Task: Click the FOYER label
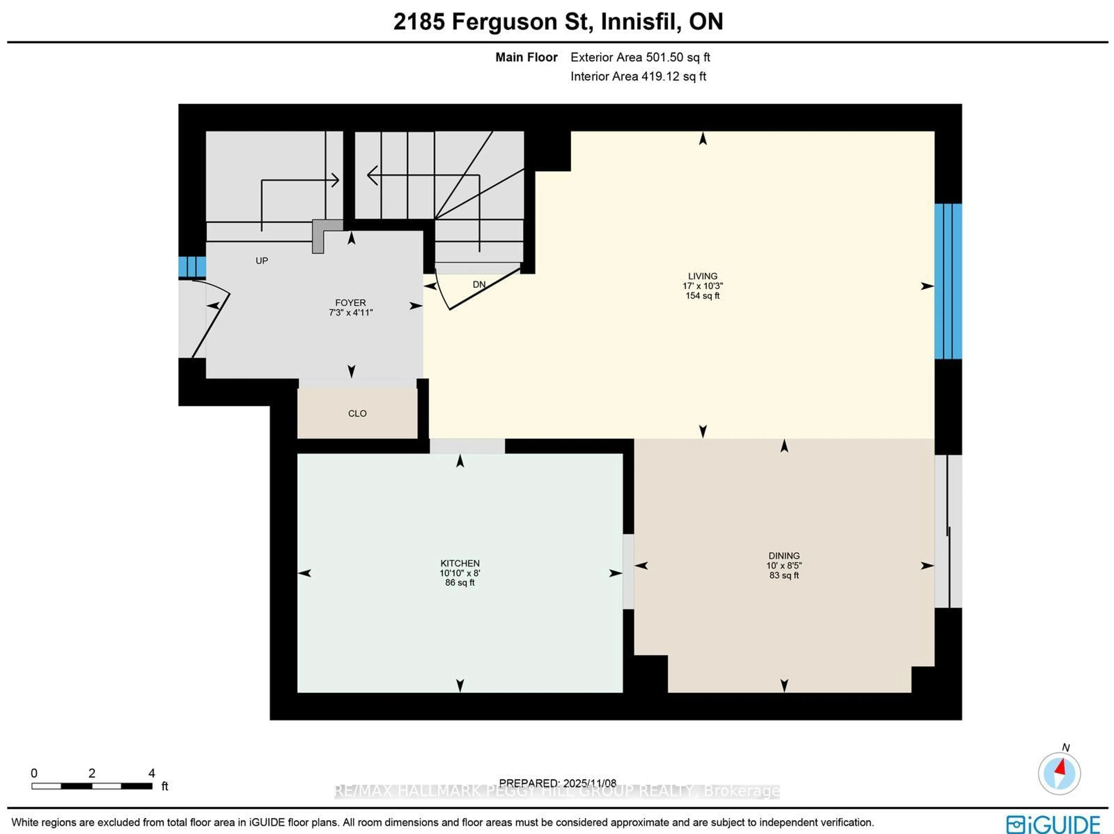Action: pyautogui.click(x=350, y=303)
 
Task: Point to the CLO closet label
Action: pyautogui.click(x=357, y=413)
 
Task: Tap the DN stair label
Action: pyautogui.click(x=479, y=285)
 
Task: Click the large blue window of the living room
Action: pyautogui.click(x=948, y=281)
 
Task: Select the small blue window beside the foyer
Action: pyautogui.click(x=192, y=267)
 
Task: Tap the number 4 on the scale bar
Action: pyautogui.click(x=152, y=773)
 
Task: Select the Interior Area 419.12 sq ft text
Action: pyautogui.click(x=638, y=77)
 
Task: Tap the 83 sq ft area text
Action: pyautogui.click(x=784, y=575)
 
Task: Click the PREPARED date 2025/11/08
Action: pyautogui.click(x=589, y=783)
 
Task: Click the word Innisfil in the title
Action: pyautogui.click(x=641, y=22)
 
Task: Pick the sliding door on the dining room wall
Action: pyautogui.click(x=948, y=531)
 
